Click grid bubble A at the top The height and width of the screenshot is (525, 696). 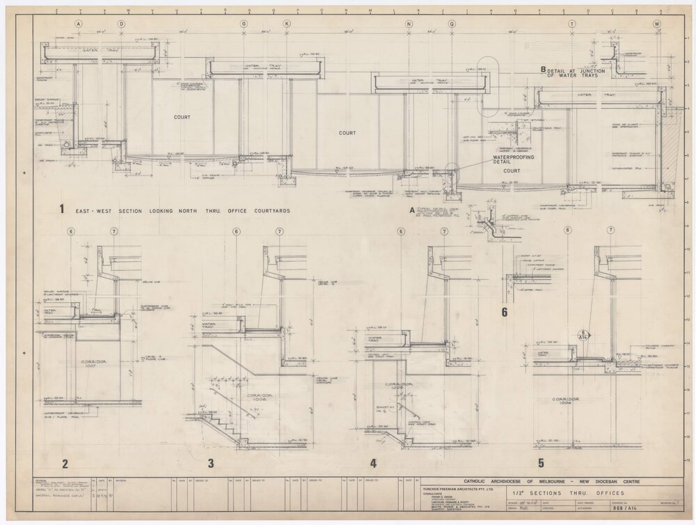[x=79, y=24]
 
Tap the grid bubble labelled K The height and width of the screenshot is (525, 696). [x=286, y=24]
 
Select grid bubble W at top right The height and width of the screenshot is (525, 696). [x=656, y=24]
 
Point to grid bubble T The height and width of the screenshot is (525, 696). [x=572, y=24]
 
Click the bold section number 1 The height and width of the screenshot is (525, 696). [x=63, y=209]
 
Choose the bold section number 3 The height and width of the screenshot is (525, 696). [x=210, y=463]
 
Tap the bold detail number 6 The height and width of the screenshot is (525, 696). [x=505, y=312]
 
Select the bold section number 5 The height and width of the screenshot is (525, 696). [x=541, y=463]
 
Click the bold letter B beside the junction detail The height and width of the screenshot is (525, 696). [x=543, y=70]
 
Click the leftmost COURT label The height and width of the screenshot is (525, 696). [x=182, y=117]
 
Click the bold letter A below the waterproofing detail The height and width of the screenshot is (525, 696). [x=412, y=208]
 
